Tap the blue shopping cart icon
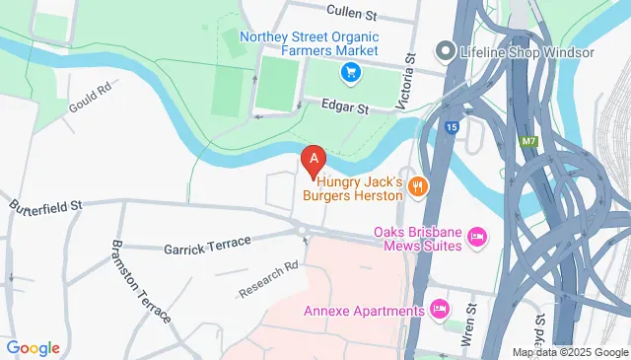[349, 72]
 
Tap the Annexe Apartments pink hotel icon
[440, 311]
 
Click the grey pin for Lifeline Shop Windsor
[446, 50]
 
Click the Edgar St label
[346, 107]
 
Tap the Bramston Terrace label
[141, 281]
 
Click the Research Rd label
[268, 280]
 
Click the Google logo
[33, 348]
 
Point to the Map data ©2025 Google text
[570, 352]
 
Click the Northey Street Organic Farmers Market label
[309, 43]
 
